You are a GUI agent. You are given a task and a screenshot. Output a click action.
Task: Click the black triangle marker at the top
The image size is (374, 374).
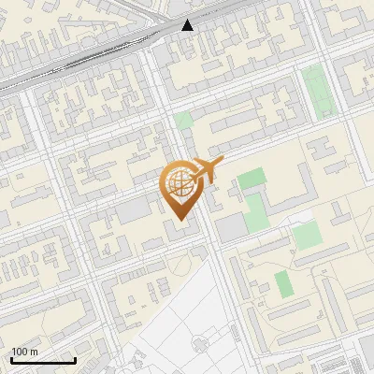tap(188, 25)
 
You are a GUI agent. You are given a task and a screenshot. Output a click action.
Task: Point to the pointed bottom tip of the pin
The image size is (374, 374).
tap(179, 219)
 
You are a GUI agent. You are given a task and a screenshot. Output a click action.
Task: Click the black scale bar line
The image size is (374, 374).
tap(43, 361)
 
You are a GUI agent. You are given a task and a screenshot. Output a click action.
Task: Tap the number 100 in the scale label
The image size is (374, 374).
tap(19, 352)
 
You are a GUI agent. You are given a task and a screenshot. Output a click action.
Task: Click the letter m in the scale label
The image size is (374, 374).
tap(34, 352)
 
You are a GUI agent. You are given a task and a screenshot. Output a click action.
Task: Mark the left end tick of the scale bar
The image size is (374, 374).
tap(11, 359)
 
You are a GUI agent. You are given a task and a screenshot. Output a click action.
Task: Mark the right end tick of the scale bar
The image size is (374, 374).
tap(75, 359)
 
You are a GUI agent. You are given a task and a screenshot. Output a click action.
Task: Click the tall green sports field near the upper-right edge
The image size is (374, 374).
tap(318, 90)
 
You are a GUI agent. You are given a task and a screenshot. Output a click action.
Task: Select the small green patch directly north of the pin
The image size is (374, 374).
tap(183, 121)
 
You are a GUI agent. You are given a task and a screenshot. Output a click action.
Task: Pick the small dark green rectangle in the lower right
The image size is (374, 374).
tap(284, 283)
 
